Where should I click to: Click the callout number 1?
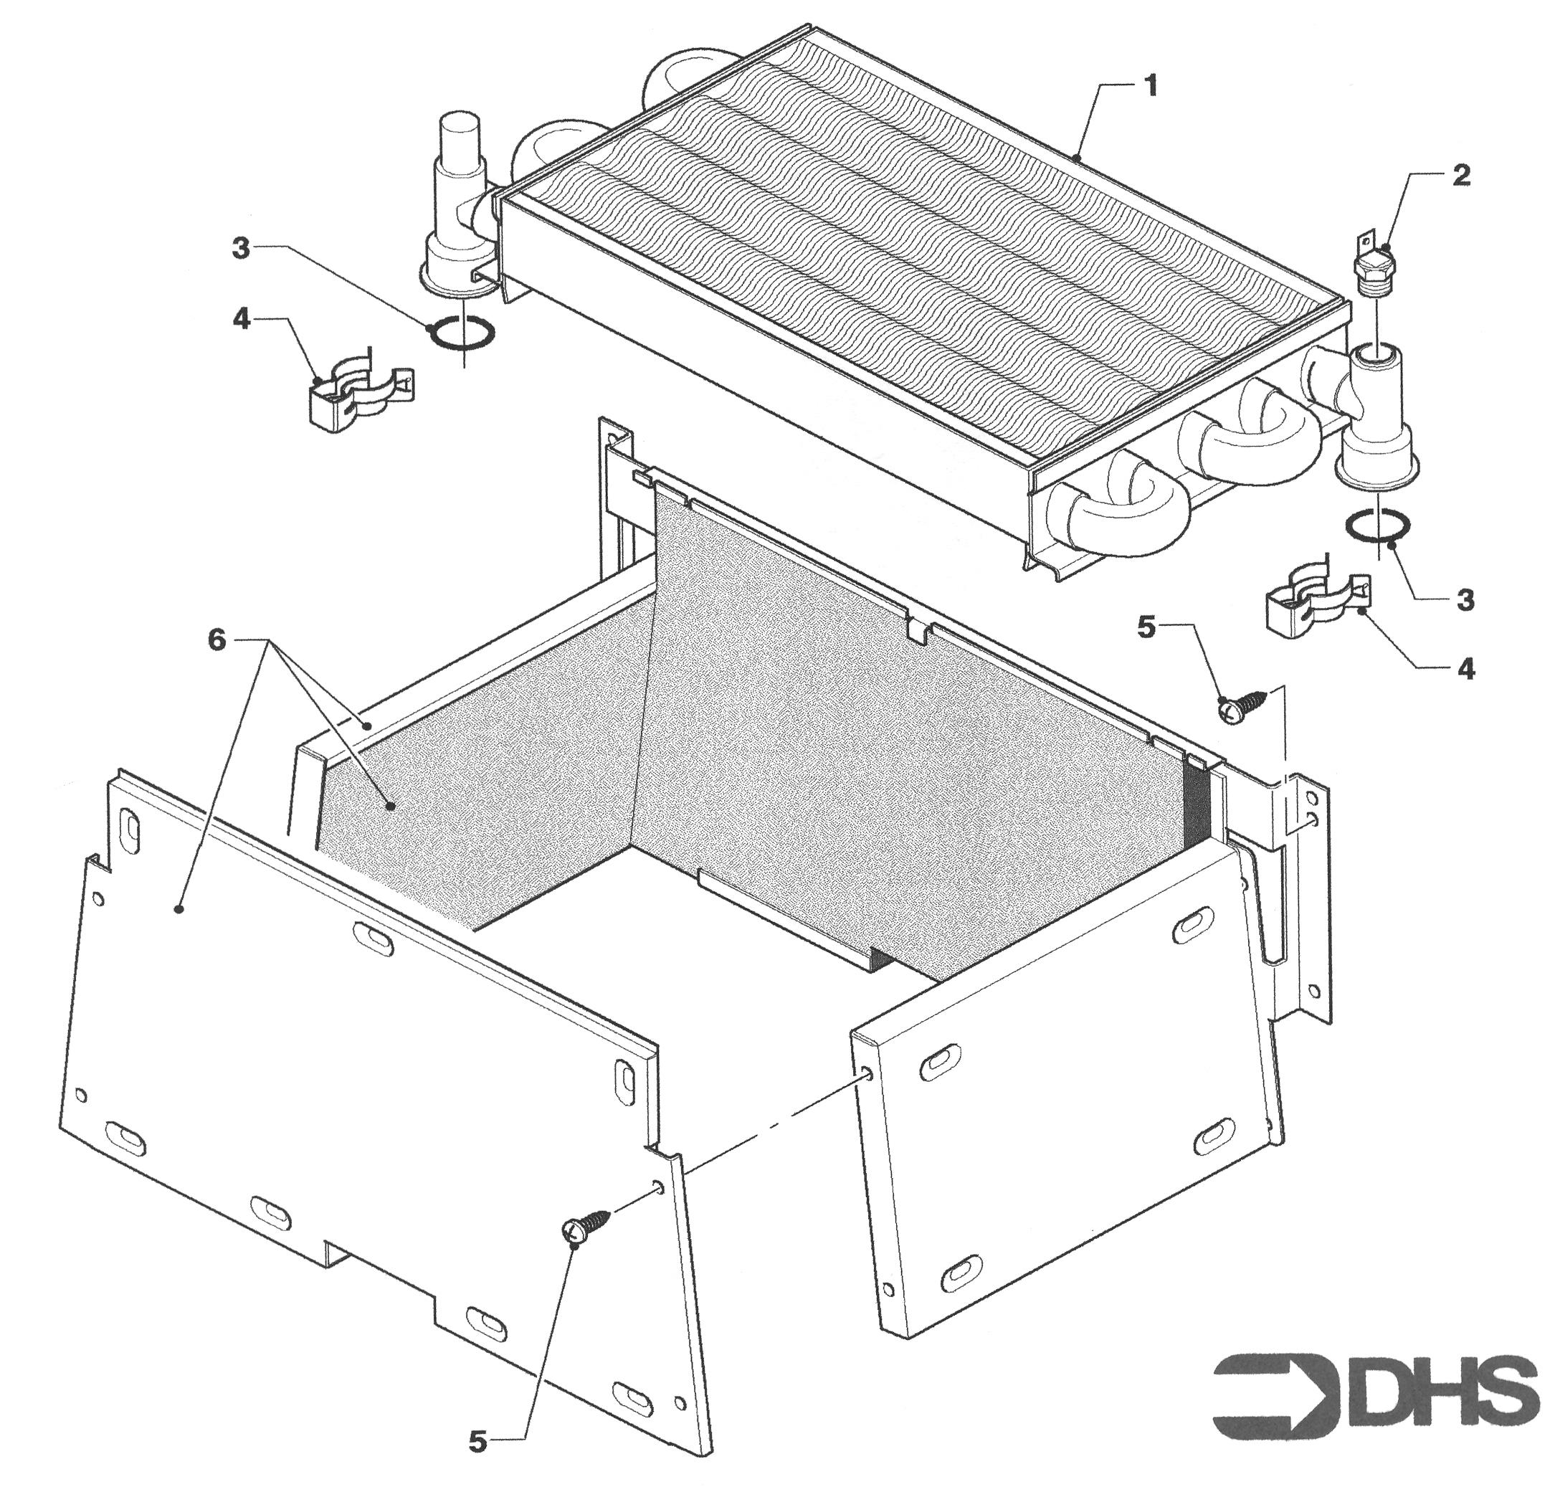click(x=1151, y=86)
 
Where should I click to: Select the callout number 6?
click(x=217, y=640)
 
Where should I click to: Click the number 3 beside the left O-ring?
click(x=240, y=248)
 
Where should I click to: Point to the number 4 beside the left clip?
click(x=241, y=320)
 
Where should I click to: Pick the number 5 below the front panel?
click(x=477, y=1442)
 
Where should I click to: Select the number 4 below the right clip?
click(x=1466, y=669)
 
